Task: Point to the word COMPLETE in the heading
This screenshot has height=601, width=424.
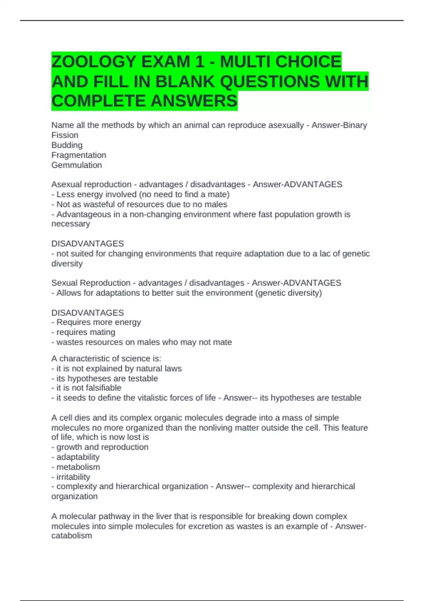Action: (x=99, y=101)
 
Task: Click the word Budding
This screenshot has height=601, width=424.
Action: (x=67, y=145)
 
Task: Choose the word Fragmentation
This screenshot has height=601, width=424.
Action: (x=78, y=155)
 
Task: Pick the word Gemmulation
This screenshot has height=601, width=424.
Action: (x=76, y=165)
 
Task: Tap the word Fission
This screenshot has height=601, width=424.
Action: (x=65, y=135)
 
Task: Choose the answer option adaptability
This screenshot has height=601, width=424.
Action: (x=78, y=457)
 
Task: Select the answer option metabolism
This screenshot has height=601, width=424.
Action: (x=78, y=467)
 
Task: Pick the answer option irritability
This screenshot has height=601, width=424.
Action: (x=73, y=477)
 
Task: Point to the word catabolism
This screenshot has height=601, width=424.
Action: (x=72, y=536)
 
